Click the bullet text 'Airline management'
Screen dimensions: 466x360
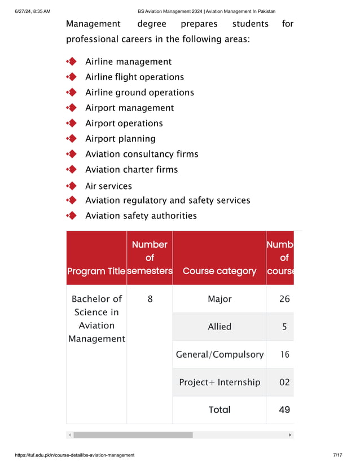coord(128,61)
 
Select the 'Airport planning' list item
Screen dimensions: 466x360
coord(120,139)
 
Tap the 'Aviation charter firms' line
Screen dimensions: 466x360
coord(131,169)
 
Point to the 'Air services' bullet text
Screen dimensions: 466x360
coord(108,186)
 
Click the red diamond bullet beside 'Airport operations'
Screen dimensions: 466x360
coord(72,123)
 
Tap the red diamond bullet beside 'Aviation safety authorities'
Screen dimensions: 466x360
coord(72,216)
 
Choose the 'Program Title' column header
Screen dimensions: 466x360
coord(96,271)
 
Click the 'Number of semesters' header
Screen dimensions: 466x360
coord(150,258)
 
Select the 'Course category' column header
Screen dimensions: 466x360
coord(219,271)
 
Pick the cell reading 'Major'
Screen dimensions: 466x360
coord(219,299)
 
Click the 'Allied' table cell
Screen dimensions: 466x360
coord(219,327)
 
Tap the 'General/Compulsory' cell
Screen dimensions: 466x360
coord(219,354)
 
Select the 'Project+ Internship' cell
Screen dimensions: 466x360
coord(219,382)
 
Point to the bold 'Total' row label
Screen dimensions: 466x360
coord(219,410)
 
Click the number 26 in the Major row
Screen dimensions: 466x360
coord(284,299)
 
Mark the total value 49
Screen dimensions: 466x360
coord(284,410)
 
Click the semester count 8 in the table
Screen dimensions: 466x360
coord(150,299)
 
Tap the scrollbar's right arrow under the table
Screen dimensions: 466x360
coord(290,435)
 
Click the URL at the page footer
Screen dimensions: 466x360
coord(74,455)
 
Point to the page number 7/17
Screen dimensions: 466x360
coord(337,455)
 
